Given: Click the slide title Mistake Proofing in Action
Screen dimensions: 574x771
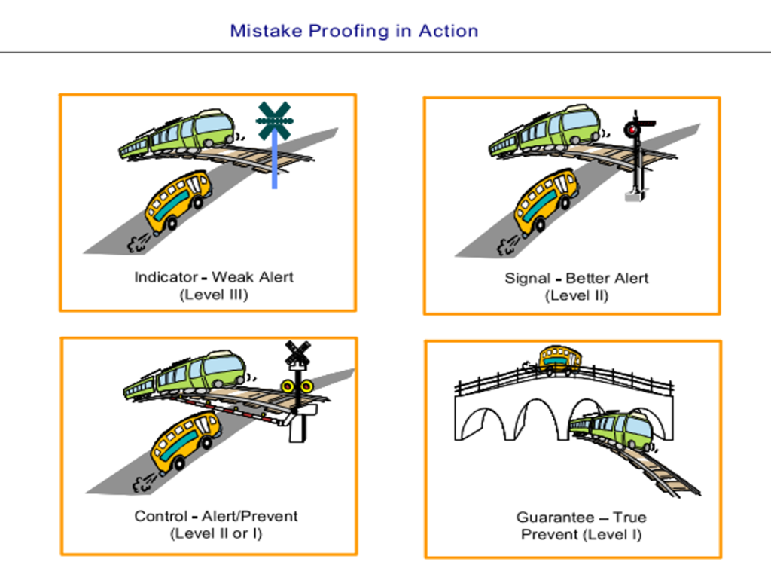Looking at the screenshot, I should point(354,31).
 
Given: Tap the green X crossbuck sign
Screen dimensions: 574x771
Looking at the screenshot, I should point(274,120).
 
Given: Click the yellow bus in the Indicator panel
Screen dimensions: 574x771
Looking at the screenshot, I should point(178,200).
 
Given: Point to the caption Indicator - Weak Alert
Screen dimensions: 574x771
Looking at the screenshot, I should point(214,277).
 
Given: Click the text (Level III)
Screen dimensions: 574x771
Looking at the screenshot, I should point(214,295).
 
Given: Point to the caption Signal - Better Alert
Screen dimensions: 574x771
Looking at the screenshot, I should point(576,278).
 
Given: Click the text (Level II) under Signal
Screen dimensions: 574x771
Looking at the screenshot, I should point(576,295).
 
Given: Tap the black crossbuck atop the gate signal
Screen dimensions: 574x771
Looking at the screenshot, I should point(297,353).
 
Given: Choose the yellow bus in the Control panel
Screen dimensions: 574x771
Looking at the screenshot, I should point(185,441).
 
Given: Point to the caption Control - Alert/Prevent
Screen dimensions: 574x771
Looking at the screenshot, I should point(216,516).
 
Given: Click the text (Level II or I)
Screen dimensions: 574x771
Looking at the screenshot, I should point(216,533).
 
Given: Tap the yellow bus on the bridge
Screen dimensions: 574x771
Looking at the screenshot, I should point(559,359).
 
